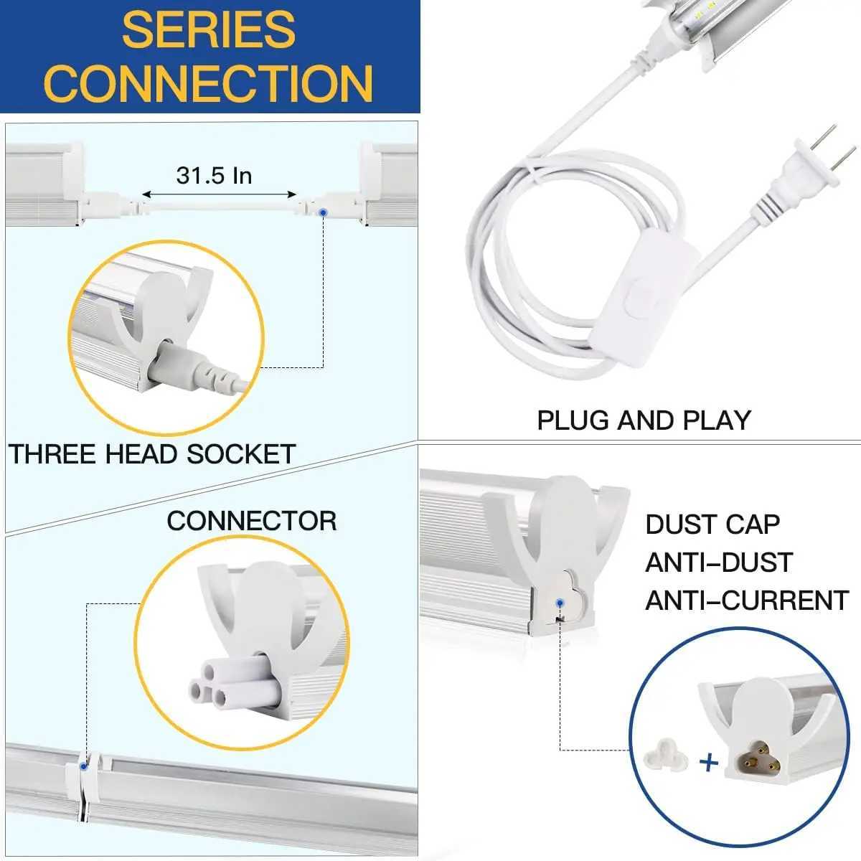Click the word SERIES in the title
tap(209, 29)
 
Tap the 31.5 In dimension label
tap(214, 174)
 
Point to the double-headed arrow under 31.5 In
tap(219, 194)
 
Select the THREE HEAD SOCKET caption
tap(152, 454)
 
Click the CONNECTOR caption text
tap(251, 521)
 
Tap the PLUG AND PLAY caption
tap(644, 420)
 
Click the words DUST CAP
tap(712, 524)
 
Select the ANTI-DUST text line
tap(718, 563)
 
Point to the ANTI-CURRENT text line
tap(746, 601)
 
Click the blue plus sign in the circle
tap(708, 763)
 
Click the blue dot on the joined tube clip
tap(85, 766)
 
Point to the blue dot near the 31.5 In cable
tap(324, 212)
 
